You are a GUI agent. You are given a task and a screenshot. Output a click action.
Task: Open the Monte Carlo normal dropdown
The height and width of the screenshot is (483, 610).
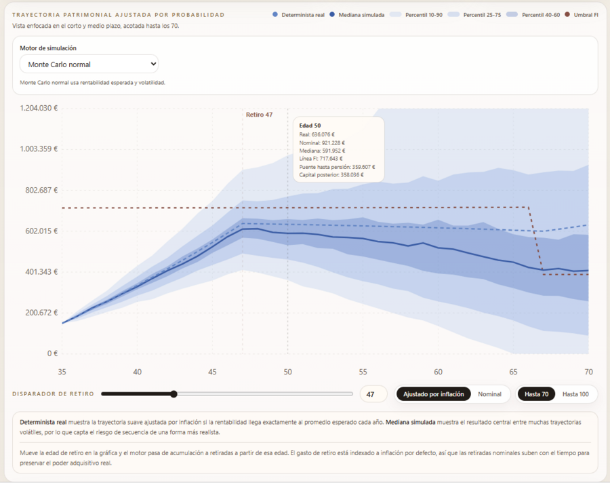coord(89,64)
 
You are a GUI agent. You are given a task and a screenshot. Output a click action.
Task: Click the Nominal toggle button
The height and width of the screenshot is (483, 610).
coord(489,394)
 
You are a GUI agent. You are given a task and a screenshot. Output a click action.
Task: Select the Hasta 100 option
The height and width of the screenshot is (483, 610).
coord(575,394)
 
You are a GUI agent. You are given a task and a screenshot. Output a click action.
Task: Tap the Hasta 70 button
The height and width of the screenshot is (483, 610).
coord(536,394)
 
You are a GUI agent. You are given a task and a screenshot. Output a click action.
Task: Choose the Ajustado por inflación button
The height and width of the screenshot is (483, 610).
coord(433,394)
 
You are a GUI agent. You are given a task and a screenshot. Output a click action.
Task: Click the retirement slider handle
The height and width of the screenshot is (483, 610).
coord(174,394)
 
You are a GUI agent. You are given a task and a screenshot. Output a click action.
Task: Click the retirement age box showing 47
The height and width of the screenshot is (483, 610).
coord(373,394)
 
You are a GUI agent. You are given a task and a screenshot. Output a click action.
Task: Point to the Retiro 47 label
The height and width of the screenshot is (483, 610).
coord(259,115)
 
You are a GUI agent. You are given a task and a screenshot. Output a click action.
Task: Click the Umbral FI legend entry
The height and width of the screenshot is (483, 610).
coord(582,15)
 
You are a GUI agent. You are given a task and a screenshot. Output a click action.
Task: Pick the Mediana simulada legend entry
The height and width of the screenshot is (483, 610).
coord(357,15)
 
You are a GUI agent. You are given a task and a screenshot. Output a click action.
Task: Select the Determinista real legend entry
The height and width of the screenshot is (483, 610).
coord(298,15)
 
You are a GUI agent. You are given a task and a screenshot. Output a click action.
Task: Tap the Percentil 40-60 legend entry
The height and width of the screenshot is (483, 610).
coord(533,15)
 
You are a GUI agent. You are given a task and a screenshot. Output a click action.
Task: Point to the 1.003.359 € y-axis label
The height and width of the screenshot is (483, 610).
coord(39,149)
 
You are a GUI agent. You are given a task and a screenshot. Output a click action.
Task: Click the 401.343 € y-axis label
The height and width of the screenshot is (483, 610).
coord(41,271)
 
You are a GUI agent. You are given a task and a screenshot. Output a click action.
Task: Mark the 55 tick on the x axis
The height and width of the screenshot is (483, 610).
coord(363,372)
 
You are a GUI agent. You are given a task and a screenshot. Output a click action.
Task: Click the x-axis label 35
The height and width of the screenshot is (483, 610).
coord(62,372)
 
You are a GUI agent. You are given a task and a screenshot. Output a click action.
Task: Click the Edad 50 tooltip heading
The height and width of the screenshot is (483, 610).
coord(310,125)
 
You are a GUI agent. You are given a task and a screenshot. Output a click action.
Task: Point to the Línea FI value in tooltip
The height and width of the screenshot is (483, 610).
coord(321,159)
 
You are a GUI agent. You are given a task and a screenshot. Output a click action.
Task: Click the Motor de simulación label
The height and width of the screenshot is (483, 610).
coord(48,48)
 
